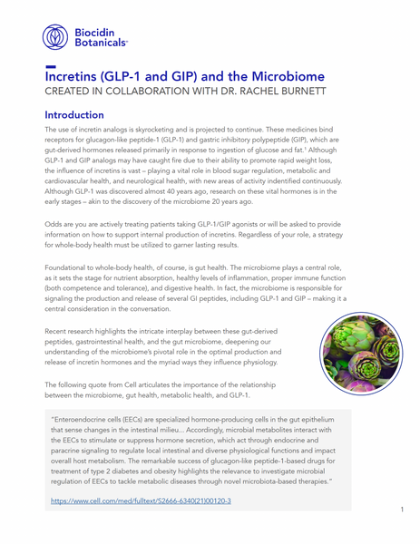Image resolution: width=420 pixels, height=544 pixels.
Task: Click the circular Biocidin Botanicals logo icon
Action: [55, 35]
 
